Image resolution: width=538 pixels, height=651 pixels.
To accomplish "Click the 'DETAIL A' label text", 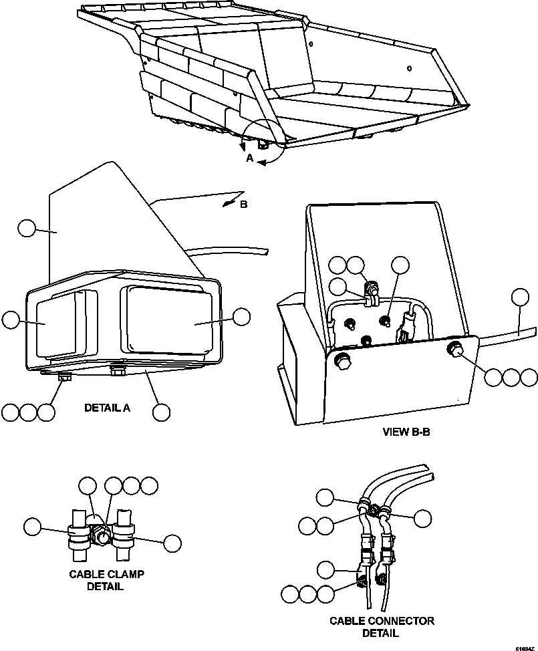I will pyautogui.click(x=107, y=407).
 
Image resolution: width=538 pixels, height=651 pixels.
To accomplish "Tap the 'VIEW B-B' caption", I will pyautogui.click(x=406, y=432).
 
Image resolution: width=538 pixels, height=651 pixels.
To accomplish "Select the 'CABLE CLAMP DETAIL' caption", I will pyautogui.click(x=107, y=580).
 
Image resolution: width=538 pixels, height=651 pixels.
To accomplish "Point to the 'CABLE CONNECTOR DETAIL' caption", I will pyautogui.click(x=381, y=627).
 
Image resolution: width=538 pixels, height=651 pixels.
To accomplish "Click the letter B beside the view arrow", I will pyautogui.click(x=243, y=205).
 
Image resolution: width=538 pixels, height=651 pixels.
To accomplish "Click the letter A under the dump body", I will pyautogui.click(x=249, y=159).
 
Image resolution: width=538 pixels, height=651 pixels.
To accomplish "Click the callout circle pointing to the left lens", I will pyautogui.click(x=11, y=320).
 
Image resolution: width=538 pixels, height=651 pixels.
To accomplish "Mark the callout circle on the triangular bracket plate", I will pyautogui.click(x=27, y=229).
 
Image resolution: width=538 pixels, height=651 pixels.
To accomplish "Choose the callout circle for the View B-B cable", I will pyautogui.click(x=519, y=297).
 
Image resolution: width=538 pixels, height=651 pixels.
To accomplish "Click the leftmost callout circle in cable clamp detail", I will pyautogui.click(x=31, y=526).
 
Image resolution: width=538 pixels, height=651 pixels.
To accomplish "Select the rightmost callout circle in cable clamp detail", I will pyautogui.click(x=172, y=543).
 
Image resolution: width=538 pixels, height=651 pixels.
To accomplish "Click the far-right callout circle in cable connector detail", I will pyautogui.click(x=422, y=517).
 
